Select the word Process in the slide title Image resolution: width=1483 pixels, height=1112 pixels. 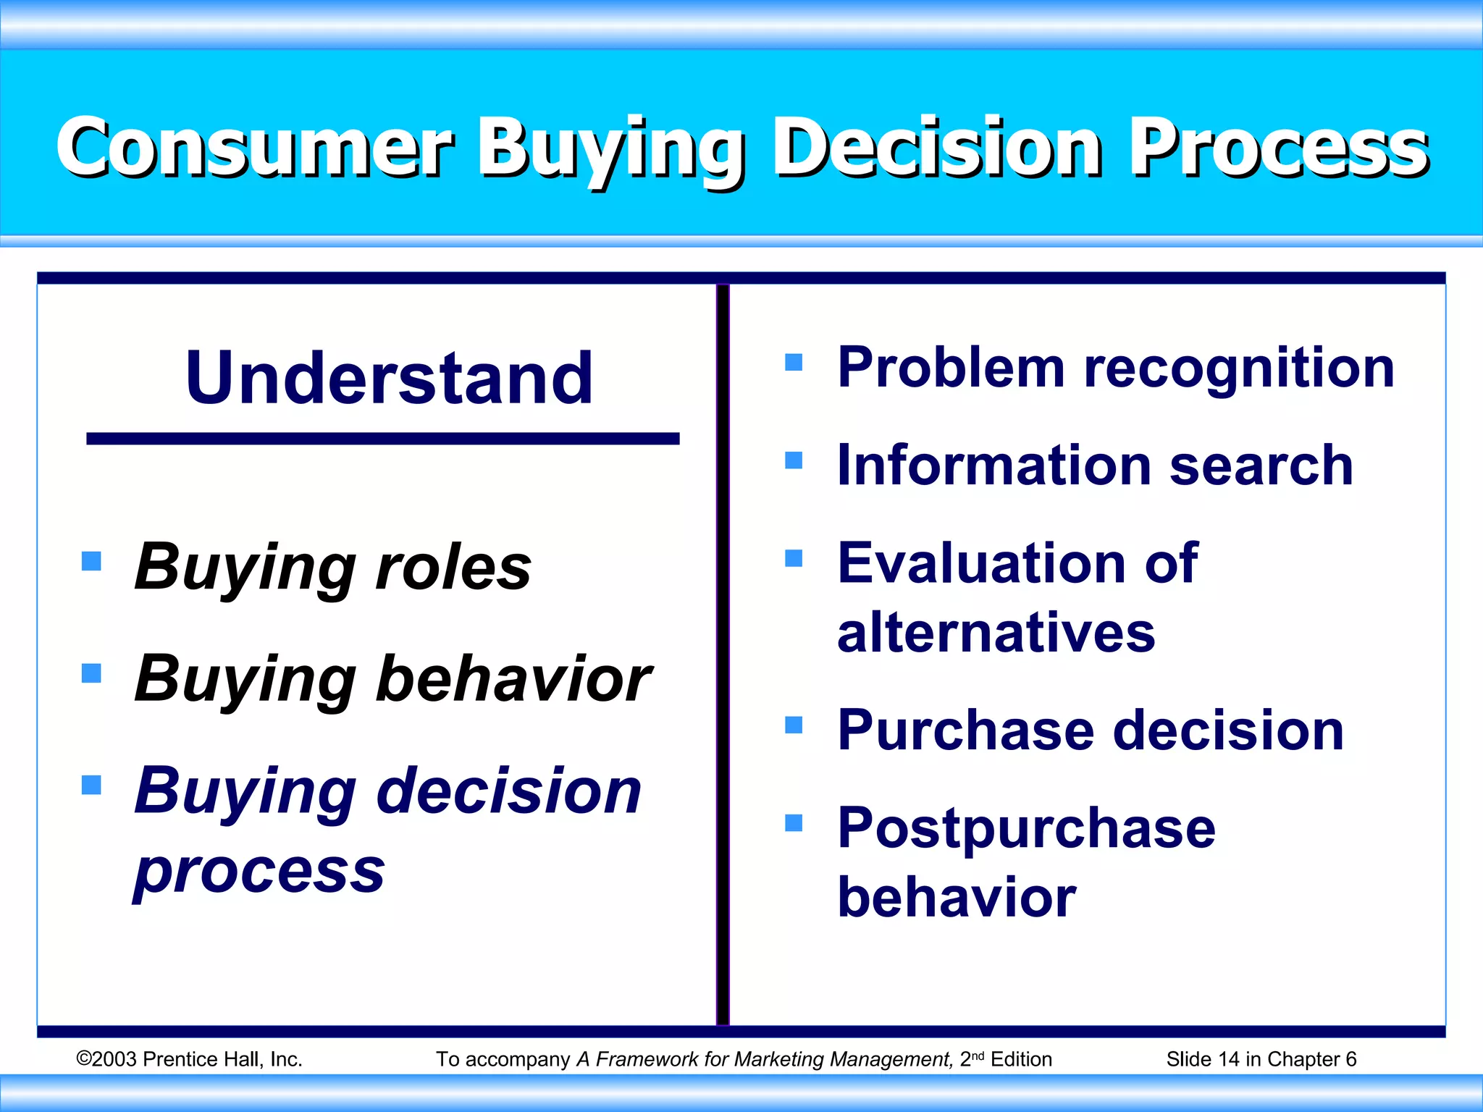click(x=1279, y=148)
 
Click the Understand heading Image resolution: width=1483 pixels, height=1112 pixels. click(x=389, y=378)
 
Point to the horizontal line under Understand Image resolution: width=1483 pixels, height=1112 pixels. click(x=382, y=439)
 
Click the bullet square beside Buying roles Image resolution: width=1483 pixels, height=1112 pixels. click(x=91, y=561)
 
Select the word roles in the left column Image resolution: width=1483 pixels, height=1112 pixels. click(x=453, y=567)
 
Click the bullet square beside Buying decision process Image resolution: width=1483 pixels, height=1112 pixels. click(x=91, y=785)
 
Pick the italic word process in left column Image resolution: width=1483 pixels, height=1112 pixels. click(x=259, y=870)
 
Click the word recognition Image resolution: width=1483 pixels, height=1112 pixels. click(x=1239, y=368)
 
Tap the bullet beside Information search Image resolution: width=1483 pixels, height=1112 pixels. click(x=794, y=460)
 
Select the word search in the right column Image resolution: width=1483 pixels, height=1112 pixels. click(x=1261, y=466)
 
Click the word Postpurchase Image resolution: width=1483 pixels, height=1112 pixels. click(x=1026, y=828)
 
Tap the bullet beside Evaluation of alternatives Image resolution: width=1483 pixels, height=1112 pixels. click(x=794, y=558)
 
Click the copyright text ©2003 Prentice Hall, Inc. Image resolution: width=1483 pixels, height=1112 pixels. click(x=189, y=1059)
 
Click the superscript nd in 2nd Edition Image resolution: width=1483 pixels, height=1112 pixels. click(x=978, y=1056)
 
